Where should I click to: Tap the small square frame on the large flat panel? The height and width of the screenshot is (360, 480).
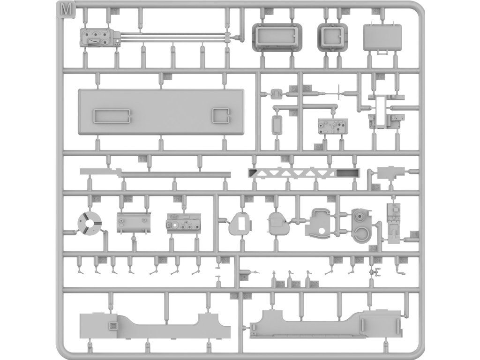[x=220, y=115]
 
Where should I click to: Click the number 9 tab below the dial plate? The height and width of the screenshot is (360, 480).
[x=318, y=147]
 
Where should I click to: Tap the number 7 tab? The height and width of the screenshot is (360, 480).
[x=292, y=113]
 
